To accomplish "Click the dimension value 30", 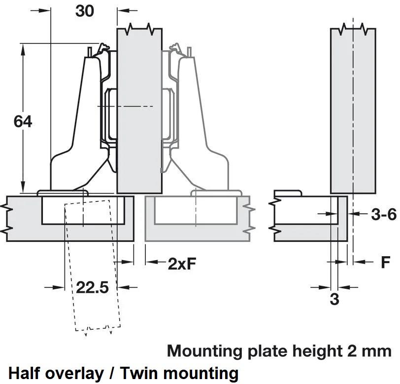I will pos(85,10).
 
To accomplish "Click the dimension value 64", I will pos(22,121).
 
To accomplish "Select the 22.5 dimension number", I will pos(92,287).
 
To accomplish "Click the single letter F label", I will pos(386,262).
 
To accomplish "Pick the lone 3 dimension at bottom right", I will pos(334,299).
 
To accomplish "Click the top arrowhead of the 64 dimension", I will pos(22,47).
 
